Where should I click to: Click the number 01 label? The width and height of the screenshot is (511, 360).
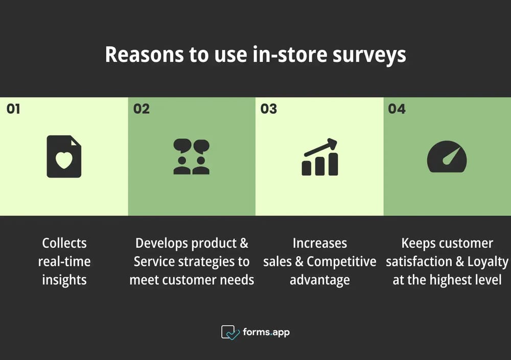13,109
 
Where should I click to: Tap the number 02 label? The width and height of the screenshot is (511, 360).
142,109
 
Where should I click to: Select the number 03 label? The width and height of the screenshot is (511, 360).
269,109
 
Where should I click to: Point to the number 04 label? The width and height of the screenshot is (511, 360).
397,109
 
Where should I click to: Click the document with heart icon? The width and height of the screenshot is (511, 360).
64,156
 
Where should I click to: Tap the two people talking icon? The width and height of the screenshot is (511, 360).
192,157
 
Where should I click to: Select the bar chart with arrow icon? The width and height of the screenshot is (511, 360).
319,157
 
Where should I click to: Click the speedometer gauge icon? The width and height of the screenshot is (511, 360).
447,157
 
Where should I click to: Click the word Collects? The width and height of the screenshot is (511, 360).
64,243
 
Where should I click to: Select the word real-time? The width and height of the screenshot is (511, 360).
64,261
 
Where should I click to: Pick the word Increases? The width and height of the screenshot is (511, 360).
320,243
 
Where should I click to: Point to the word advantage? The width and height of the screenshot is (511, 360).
320,280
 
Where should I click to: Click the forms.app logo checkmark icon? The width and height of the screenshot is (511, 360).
230,332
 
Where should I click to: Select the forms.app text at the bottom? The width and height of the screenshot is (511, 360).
266,332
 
